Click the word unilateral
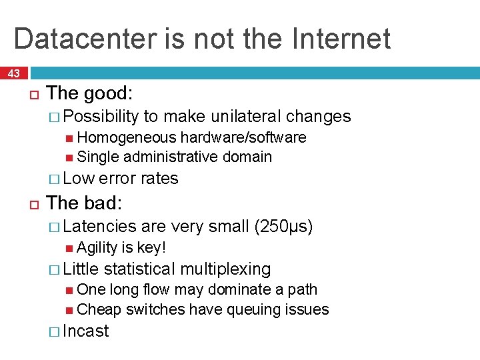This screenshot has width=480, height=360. [x=246, y=117]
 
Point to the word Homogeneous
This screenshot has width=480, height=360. [x=127, y=137]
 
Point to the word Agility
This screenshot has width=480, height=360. [x=96, y=247]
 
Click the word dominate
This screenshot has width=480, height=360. [x=239, y=289]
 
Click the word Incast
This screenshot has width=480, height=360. [x=85, y=331]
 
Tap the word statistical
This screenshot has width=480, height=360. [x=139, y=269]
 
